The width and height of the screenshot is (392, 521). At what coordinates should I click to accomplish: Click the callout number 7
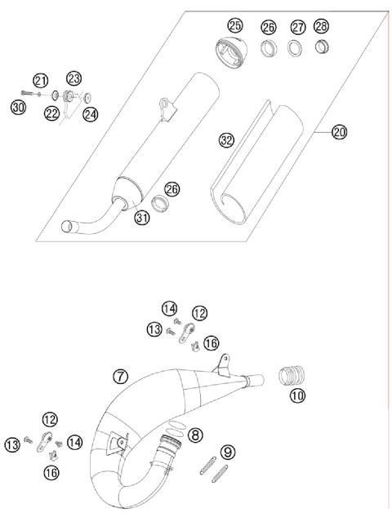pyautogui.click(x=121, y=376)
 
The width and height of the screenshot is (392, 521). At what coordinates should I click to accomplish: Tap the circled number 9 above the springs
pyautogui.click(x=227, y=450)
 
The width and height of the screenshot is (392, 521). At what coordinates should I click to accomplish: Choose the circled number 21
pyautogui.click(x=41, y=79)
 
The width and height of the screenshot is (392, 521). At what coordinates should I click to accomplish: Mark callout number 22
pyautogui.click(x=52, y=113)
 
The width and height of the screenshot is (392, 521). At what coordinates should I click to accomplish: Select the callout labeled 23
pyautogui.click(x=73, y=79)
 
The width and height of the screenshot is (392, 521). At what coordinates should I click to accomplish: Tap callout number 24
pyautogui.click(x=90, y=114)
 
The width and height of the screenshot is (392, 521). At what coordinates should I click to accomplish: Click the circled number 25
pyautogui.click(x=235, y=26)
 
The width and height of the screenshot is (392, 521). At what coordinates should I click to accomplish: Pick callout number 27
pyautogui.click(x=299, y=27)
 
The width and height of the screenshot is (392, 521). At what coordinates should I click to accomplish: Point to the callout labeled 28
pyautogui.click(x=323, y=27)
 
